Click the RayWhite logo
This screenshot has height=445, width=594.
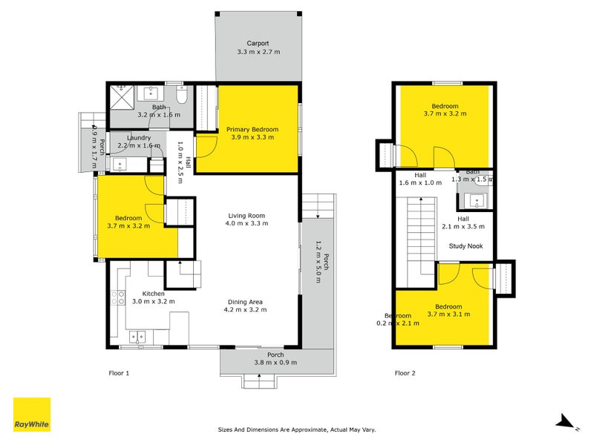click(32, 415)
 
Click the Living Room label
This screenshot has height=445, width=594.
click(247, 214)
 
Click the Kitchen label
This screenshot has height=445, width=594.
click(148, 294)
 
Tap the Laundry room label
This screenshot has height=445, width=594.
click(139, 138)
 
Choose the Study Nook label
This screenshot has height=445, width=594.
click(466, 246)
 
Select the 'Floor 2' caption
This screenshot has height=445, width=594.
click(405, 373)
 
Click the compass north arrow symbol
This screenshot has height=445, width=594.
click(566, 423)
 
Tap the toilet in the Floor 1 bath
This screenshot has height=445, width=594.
click(183, 96)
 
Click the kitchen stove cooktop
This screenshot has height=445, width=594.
click(118, 298)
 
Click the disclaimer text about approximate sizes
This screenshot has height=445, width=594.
click(296, 429)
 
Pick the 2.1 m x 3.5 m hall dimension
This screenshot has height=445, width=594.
click(463, 227)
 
